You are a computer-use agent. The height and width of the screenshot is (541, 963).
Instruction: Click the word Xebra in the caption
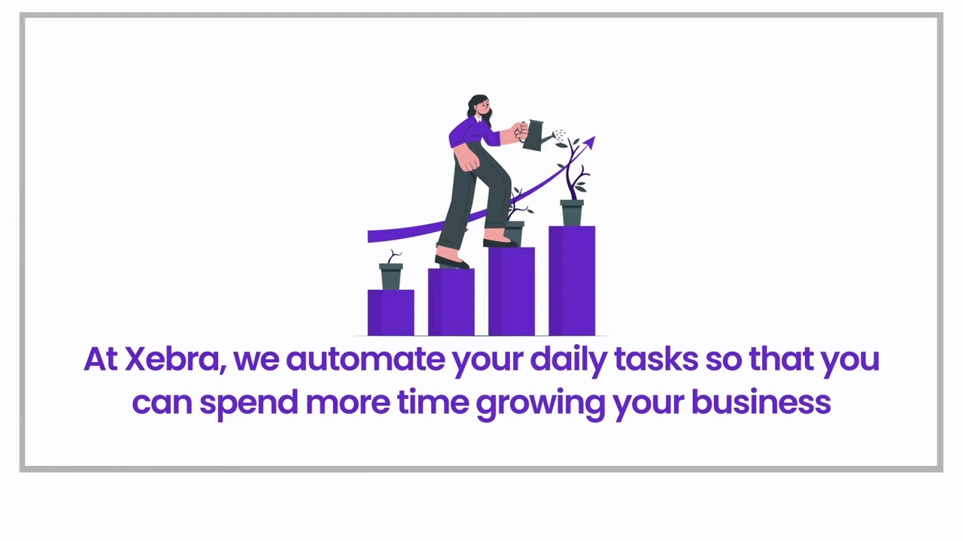175,359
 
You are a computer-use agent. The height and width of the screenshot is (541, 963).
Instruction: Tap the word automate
366,360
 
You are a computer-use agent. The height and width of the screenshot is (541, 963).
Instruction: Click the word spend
249,404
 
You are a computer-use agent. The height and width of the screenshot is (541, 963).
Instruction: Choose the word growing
540,405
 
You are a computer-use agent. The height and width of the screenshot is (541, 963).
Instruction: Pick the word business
761,402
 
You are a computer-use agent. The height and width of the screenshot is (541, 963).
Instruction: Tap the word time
433,402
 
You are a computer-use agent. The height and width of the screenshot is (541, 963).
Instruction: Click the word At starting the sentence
101,359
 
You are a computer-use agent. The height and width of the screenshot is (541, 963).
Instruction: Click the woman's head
479,107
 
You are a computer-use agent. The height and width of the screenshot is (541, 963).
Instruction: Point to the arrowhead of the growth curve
589,143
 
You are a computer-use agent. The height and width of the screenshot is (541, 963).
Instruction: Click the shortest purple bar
390,313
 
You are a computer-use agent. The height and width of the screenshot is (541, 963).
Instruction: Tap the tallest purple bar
572,281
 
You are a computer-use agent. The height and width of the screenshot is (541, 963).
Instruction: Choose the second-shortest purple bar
451,302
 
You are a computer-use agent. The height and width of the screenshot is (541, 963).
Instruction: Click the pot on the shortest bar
390,277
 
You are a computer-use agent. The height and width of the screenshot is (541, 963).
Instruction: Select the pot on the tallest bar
572,213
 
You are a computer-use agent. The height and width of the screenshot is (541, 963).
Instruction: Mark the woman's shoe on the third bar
500,243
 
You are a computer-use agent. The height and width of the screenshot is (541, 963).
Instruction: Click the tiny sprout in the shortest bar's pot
393,257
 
